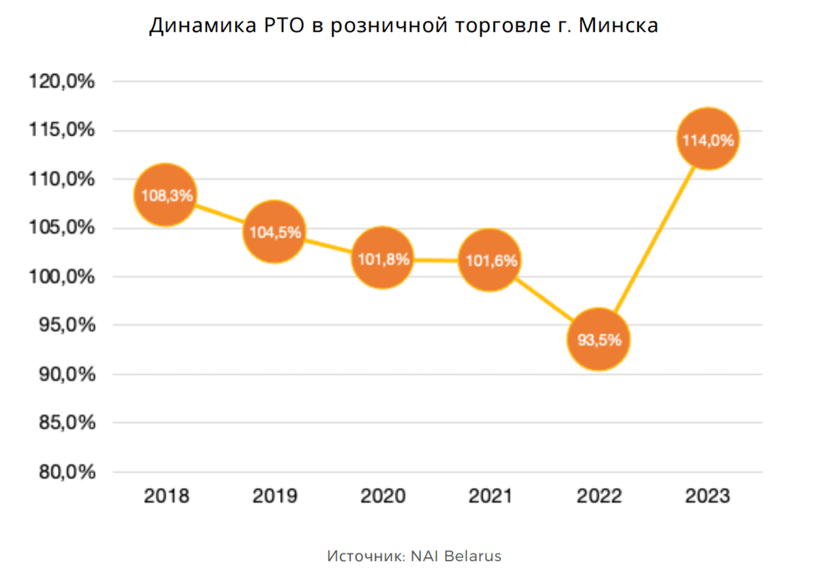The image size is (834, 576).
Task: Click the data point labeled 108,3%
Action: [165, 195]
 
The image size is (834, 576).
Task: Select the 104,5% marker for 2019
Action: [274, 232]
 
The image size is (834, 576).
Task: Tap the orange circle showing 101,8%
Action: [383, 258]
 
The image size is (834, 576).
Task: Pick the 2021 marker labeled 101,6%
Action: [490, 260]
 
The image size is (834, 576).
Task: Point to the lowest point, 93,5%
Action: [598, 339]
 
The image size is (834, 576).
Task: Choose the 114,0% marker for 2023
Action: [708, 139]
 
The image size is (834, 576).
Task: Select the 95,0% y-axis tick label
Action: [63, 326]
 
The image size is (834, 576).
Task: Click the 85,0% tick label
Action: [63, 424]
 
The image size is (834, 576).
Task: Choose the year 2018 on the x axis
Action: [166, 497]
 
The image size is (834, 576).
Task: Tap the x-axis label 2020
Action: [383, 497]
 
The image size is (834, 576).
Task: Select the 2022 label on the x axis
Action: [599, 497]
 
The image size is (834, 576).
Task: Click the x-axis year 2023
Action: [708, 497]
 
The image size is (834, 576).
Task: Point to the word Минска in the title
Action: [618, 26]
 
